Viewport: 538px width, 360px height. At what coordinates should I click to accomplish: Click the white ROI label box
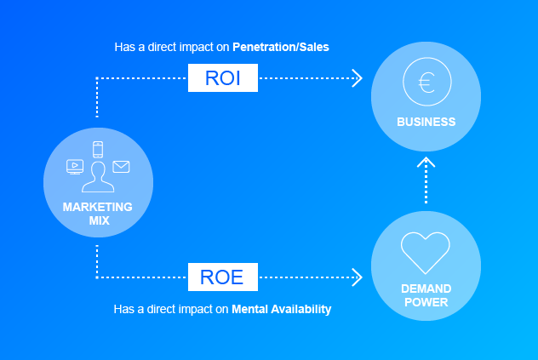pos(223,78)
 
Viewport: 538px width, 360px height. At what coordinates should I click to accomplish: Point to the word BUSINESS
pos(426,122)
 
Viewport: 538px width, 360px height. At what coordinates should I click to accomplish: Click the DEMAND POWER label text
pos(426,294)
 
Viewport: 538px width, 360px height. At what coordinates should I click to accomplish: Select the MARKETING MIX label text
pos(97,214)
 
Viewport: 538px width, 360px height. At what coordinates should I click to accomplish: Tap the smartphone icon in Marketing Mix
pos(98,150)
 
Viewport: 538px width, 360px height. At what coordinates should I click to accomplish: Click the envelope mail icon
pos(121,166)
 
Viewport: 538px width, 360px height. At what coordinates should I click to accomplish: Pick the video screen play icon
pos(75,166)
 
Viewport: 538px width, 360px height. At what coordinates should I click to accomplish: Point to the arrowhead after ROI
pos(357,78)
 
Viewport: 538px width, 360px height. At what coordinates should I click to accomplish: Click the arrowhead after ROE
pos(357,277)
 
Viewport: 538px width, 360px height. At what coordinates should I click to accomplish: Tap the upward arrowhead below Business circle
pos(426,161)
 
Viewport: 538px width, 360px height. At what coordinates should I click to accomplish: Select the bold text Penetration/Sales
pos(282,48)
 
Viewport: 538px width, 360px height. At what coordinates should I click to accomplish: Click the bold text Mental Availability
pos(281,309)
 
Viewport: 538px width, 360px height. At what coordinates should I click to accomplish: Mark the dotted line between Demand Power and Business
pos(426,187)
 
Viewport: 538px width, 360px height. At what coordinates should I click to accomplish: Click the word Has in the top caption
pos(123,48)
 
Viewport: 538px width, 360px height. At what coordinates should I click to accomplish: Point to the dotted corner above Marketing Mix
pos(97,79)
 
